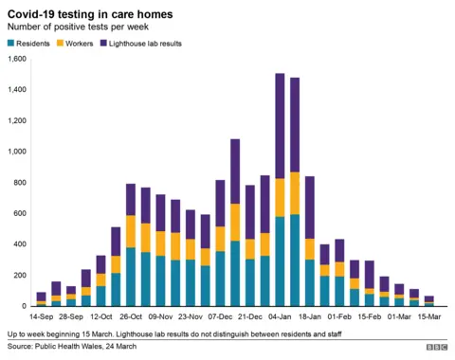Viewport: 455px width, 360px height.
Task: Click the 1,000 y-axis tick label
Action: pos(15,152)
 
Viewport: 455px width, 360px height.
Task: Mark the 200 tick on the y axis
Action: pos(19,275)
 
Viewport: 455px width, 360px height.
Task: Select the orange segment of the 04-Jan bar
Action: pos(280,197)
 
